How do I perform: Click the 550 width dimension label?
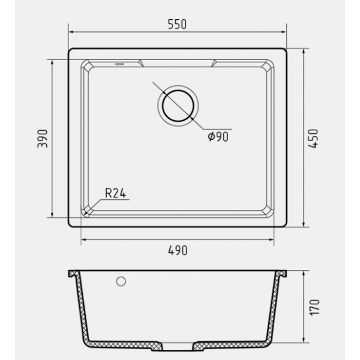click(177, 25)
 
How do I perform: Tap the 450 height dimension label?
click(313, 139)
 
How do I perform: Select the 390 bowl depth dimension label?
click(43, 139)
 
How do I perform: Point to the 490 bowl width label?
click(178, 250)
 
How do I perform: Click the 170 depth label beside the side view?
click(314, 308)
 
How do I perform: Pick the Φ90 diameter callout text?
click(218, 137)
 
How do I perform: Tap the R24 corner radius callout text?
click(115, 193)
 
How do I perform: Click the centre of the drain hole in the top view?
click(178, 106)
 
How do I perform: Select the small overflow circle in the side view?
click(121, 281)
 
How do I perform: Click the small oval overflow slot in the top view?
click(119, 64)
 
